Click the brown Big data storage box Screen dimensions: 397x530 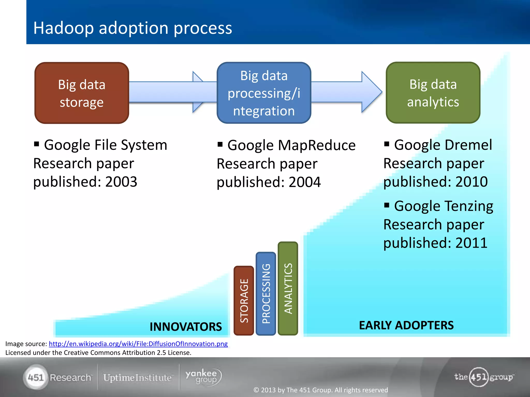[82, 93]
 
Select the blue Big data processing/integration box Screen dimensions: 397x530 [264, 93]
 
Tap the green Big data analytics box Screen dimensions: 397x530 [433, 93]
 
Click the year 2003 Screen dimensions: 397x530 [121, 182]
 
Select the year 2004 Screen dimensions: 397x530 [305, 182]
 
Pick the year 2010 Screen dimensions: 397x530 [472, 182]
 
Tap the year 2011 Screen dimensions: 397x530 [472, 243]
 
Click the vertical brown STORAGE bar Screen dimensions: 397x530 [244, 301]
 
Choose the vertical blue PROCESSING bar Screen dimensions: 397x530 [266, 294]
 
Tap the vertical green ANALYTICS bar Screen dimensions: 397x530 [288, 288]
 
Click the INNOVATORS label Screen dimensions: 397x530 [186, 327]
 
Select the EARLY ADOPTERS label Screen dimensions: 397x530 [406, 325]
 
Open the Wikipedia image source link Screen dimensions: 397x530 [138, 344]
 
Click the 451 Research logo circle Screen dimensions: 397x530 [36, 378]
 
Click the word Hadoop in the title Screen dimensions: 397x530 [63, 28]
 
